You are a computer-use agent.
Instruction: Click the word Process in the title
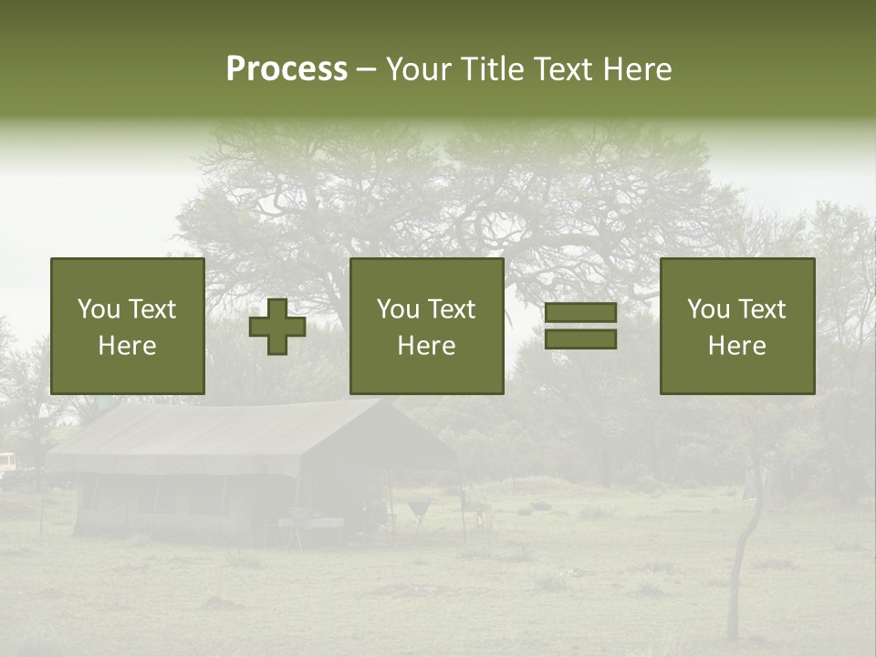click(287, 69)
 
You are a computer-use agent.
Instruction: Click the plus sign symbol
click(277, 326)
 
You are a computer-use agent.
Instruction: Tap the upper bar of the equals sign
click(580, 313)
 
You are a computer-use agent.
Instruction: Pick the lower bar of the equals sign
click(580, 339)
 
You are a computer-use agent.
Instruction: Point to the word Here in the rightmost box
click(736, 346)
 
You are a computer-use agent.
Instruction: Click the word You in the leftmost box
click(99, 309)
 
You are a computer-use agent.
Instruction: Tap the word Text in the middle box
click(453, 309)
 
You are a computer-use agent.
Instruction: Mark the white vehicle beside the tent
click(7, 463)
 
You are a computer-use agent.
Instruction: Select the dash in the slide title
click(366, 69)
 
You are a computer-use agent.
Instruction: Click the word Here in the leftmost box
click(127, 346)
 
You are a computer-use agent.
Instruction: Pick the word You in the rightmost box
click(708, 309)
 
